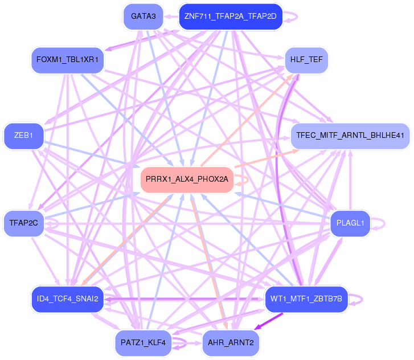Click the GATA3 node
pyautogui.click(x=143, y=17)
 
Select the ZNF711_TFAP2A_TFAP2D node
pyautogui.click(x=230, y=17)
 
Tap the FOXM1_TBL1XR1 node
pyautogui.click(x=67, y=60)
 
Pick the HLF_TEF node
pyautogui.click(x=306, y=60)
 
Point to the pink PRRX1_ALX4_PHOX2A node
pyautogui.click(x=187, y=179)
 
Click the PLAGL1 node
pyautogui.click(x=350, y=223)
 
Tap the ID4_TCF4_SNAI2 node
pyautogui.click(x=67, y=298)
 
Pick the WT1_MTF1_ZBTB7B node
pyautogui.click(x=306, y=298)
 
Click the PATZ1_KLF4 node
pyautogui.click(x=143, y=342)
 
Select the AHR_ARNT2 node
pyautogui.click(x=230, y=342)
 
